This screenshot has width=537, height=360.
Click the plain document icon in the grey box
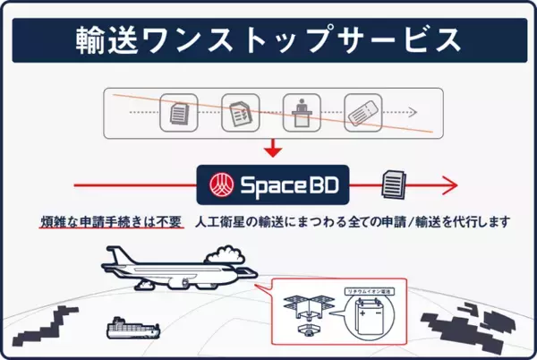pos(179,113)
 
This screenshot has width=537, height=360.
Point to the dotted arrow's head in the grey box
pos(413,113)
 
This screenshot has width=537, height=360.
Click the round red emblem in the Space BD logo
pos(217,186)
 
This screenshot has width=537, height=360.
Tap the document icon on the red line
pos(394,185)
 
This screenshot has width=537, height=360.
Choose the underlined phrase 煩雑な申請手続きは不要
pos(111,221)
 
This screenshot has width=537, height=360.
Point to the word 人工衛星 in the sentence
pos(225,221)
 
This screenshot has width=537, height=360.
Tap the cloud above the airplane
pos(224,261)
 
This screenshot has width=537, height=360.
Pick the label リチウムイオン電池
pos(368,292)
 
